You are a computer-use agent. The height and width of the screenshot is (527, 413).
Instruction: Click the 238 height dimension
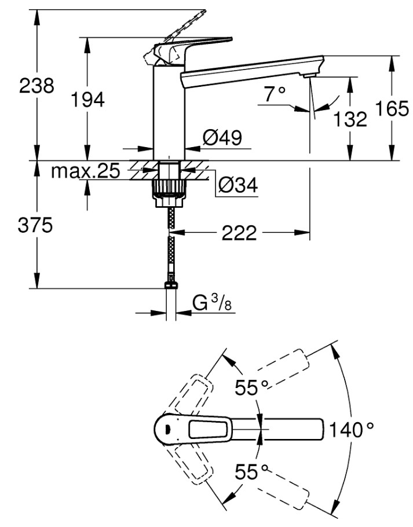(x=36, y=86)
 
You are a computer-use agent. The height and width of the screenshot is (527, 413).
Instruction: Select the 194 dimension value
(x=87, y=100)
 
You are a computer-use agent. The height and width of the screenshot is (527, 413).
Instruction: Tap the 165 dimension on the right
(x=392, y=108)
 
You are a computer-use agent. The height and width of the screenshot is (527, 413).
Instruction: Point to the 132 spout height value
(x=350, y=119)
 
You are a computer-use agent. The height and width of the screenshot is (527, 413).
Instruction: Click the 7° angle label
(x=274, y=94)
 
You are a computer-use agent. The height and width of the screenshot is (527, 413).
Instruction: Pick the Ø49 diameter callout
(x=222, y=137)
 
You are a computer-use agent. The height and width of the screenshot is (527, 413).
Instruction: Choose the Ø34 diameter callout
(x=238, y=185)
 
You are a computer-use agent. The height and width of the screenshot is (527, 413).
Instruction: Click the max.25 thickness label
(x=85, y=171)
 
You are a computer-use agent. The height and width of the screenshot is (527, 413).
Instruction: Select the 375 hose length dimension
(x=35, y=225)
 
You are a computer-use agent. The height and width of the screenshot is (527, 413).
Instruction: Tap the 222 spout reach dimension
(x=239, y=233)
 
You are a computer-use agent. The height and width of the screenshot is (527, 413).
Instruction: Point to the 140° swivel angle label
(x=351, y=430)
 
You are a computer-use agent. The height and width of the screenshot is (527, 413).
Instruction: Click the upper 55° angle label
(x=251, y=388)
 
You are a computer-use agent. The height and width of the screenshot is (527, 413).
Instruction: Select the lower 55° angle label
(x=251, y=471)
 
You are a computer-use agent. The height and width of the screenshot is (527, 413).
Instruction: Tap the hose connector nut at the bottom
(x=171, y=285)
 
